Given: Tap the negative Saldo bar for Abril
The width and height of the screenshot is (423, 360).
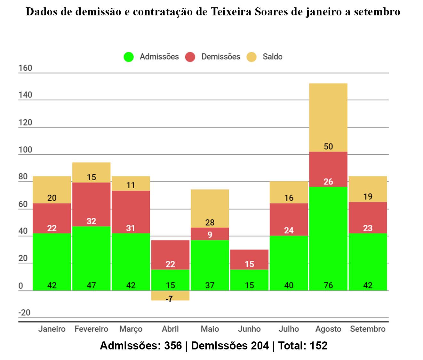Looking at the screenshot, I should [170, 296].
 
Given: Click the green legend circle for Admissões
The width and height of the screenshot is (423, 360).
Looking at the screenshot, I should [129, 57].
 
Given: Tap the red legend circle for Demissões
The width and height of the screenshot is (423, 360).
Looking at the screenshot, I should [190, 57].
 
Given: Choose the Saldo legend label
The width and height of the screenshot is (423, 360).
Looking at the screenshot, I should [272, 57].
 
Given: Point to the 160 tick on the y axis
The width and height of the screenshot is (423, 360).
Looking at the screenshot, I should [25, 68].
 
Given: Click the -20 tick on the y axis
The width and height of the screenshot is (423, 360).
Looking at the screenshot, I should [24, 313].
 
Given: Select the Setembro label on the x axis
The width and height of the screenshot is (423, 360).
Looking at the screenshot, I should [368, 329].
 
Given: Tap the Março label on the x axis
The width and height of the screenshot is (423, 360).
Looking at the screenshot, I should [131, 329].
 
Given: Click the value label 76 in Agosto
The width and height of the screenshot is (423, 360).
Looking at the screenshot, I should [328, 285].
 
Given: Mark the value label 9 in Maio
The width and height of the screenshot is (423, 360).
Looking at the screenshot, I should [210, 234].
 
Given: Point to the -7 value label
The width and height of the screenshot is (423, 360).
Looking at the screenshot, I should [169, 299].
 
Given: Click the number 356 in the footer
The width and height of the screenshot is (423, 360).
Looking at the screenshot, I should [173, 346].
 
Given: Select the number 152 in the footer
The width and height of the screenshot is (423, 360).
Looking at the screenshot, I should [318, 346].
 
